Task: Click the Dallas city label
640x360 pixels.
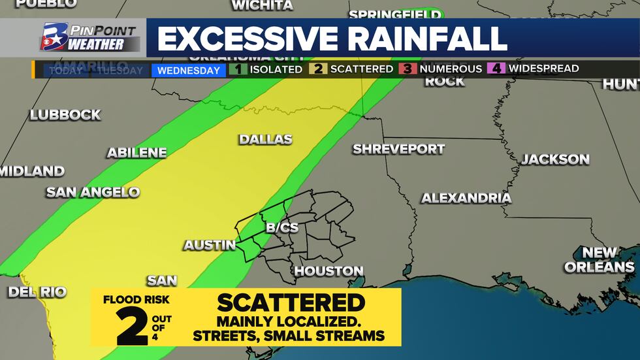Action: (x=264, y=139)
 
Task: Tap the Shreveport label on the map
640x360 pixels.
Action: (x=398, y=149)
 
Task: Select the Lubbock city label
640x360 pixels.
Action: (x=65, y=115)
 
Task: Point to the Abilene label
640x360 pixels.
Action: (x=136, y=152)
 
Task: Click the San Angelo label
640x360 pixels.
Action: (x=93, y=192)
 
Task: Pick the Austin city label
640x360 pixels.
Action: (x=209, y=245)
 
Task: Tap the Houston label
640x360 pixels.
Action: (x=328, y=270)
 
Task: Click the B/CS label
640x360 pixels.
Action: (x=282, y=227)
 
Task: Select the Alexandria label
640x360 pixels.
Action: (x=466, y=198)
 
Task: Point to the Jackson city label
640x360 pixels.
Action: (x=555, y=159)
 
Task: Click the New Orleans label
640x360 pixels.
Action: (x=599, y=259)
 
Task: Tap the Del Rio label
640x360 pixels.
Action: (x=37, y=292)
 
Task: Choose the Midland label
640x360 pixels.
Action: (x=32, y=171)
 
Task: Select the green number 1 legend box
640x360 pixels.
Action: (x=238, y=69)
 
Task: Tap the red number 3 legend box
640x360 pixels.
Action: (x=408, y=69)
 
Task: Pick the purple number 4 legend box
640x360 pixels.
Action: (x=496, y=69)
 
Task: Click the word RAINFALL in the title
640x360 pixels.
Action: (x=427, y=39)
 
